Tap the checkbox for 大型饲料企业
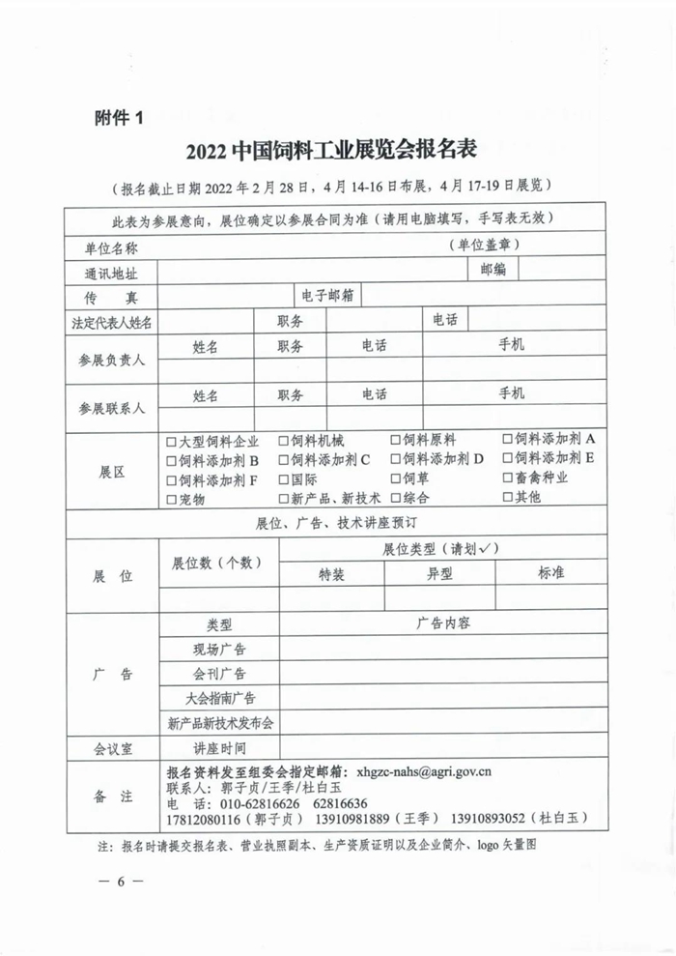(171, 441)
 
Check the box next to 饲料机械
(284, 441)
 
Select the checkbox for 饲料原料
(396, 441)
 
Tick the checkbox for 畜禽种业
(508, 478)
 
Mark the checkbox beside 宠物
(171, 499)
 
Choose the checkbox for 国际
(284, 478)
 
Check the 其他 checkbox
(508, 497)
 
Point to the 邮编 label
(493, 270)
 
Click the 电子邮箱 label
(326, 294)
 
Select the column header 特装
(331, 573)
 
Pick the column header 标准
(550, 572)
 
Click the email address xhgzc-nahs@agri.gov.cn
(424, 772)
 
